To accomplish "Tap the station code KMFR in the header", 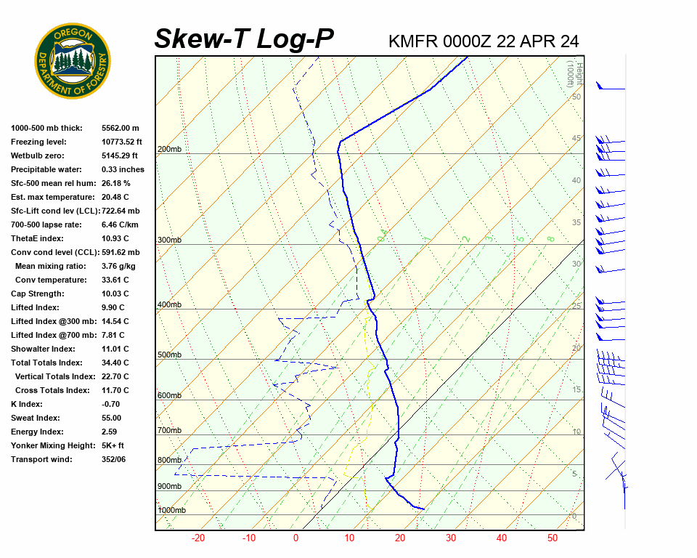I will (x=413, y=41).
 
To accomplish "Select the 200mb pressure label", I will (x=169, y=150).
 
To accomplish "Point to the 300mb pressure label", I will (x=169, y=240).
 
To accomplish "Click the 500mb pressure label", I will (x=169, y=355).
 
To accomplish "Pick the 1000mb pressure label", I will (x=171, y=511).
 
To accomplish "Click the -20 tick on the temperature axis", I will (x=198, y=538).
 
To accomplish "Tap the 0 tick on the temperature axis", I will (x=295, y=538).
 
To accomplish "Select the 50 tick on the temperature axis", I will (x=553, y=538).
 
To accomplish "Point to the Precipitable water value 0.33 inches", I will (x=123, y=169).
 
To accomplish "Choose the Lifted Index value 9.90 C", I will (x=115, y=307).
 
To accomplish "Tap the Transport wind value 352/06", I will (x=114, y=459).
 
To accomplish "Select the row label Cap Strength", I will (x=38, y=294).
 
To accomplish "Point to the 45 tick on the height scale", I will (x=576, y=139).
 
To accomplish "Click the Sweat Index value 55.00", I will (x=112, y=418).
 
